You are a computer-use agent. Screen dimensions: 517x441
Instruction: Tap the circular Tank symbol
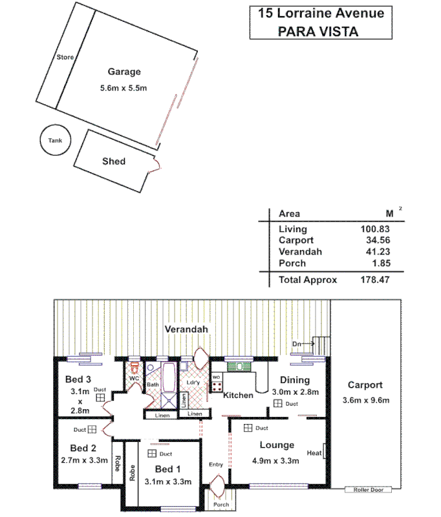pyautogui.click(x=54, y=140)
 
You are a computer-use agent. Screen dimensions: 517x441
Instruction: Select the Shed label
pyautogui.click(x=114, y=161)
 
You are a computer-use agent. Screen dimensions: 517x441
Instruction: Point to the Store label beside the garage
pyautogui.click(x=65, y=58)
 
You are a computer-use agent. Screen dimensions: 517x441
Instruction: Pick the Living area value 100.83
pyautogui.click(x=376, y=229)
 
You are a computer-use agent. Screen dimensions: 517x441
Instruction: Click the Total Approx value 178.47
pyautogui.click(x=376, y=280)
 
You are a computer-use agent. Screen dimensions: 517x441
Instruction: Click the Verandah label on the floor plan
pyautogui.click(x=186, y=329)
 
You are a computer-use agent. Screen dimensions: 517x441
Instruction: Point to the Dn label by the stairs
pyautogui.click(x=297, y=343)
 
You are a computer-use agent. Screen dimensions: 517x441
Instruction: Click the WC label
pyautogui.click(x=134, y=377)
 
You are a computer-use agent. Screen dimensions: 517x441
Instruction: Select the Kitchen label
pyautogui.click(x=238, y=395)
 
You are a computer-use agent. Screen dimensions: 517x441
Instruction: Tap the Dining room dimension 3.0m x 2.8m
pyautogui.click(x=295, y=392)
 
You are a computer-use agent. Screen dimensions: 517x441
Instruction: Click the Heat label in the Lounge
pyautogui.click(x=314, y=452)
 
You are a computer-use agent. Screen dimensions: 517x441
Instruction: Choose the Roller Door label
pyautogui.click(x=369, y=490)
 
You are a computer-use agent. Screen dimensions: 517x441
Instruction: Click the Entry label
pyautogui.click(x=215, y=465)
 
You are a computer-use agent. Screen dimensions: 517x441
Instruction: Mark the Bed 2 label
pyautogui.click(x=83, y=448)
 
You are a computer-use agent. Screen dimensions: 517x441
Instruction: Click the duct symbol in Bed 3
pyautogui.click(x=101, y=399)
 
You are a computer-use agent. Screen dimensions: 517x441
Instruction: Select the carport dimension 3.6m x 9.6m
pyautogui.click(x=365, y=400)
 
